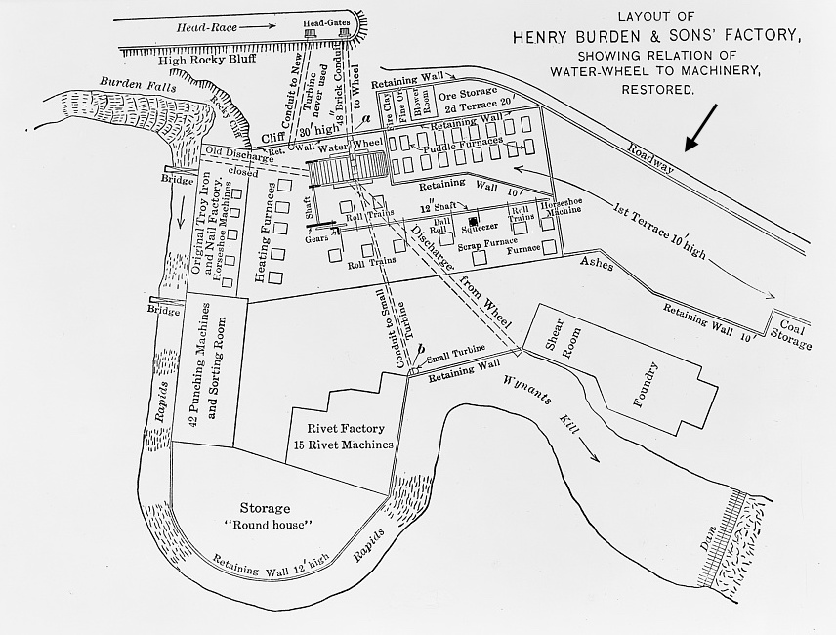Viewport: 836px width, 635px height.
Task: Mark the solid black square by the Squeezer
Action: [473, 222]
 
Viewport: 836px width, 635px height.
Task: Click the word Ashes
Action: [594, 263]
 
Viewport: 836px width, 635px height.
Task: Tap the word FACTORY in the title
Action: [750, 37]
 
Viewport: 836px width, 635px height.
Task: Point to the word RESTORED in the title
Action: [657, 89]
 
